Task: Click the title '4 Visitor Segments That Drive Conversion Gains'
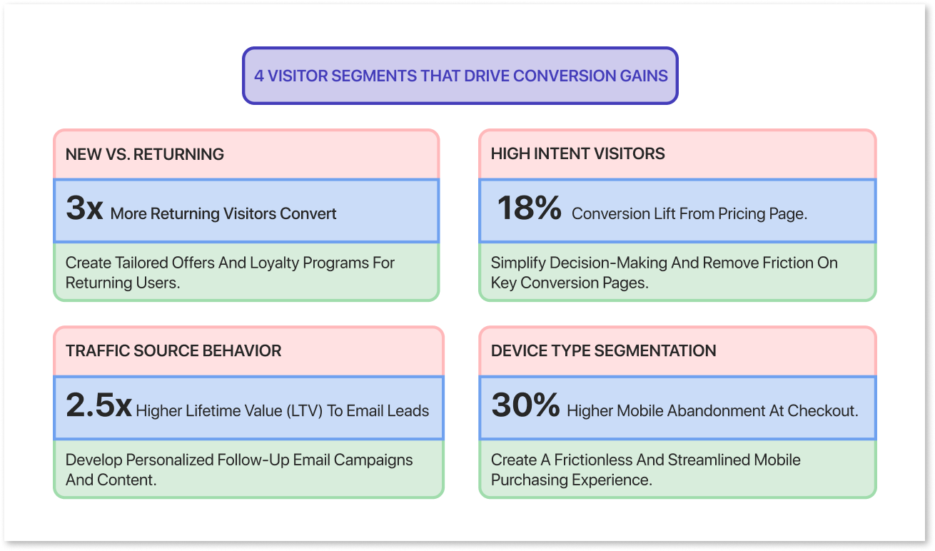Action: click(460, 76)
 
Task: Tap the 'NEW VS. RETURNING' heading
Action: click(145, 154)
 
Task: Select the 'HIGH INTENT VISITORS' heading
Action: click(577, 153)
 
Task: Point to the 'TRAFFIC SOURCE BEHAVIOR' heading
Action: click(173, 351)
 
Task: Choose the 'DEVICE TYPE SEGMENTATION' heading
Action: click(603, 351)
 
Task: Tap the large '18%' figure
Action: click(529, 209)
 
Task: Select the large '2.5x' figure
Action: click(98, 407)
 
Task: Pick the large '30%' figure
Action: click(525, 407)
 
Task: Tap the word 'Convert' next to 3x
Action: click(309, 213)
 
